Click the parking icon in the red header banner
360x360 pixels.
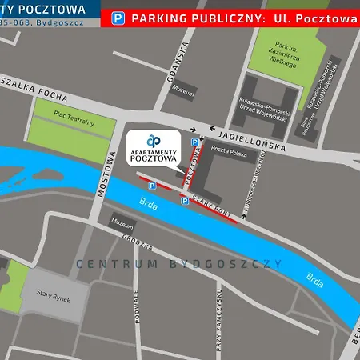(118, 17)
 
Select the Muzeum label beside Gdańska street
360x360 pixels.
(183, 93)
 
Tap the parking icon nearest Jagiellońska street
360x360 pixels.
(194, 142)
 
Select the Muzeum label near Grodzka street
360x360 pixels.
(122, 222)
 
